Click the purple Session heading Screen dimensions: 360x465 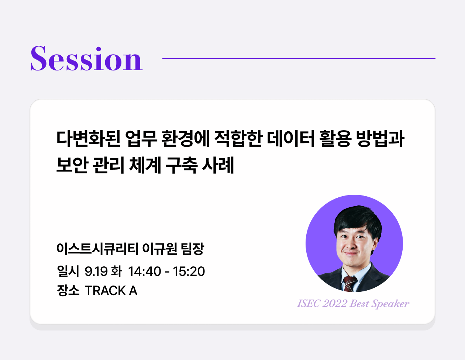86,59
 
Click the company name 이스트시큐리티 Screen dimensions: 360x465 97,249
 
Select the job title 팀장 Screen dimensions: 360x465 193,249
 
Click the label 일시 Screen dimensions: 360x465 68,271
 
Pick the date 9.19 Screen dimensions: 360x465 96,271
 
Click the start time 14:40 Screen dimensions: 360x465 145,271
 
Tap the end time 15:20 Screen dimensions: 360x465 189,271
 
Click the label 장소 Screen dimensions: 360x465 68,291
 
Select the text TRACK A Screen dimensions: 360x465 111,291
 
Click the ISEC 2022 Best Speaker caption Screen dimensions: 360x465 353,304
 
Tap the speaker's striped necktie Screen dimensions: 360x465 349,283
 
